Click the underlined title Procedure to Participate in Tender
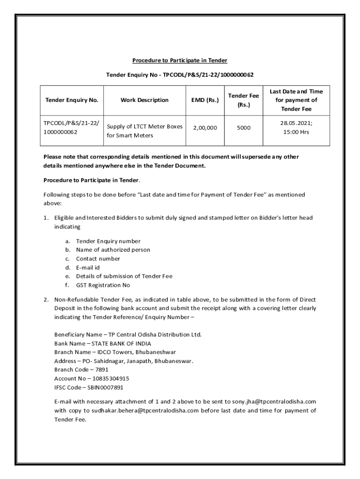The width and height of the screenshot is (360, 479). click(x=180, y=60)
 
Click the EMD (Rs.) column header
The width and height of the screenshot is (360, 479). click(x=205, y=100)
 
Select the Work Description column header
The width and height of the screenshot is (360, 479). click(x=144, y=100)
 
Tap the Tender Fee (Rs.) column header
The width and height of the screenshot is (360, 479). click(x=243, y=100)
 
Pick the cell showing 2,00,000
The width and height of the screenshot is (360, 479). click(x=205, y=127)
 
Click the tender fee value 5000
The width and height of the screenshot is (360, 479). click(x=243, y=127)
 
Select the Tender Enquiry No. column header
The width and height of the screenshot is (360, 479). click(x=72, y=100)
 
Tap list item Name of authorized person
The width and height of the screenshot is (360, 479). click(x=113, y=250)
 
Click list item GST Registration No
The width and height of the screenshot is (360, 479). click(x=103, y=285)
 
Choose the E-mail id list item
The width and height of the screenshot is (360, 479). click(x=88, y=268)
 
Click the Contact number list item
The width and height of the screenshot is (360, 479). click(x=98, y=259)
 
